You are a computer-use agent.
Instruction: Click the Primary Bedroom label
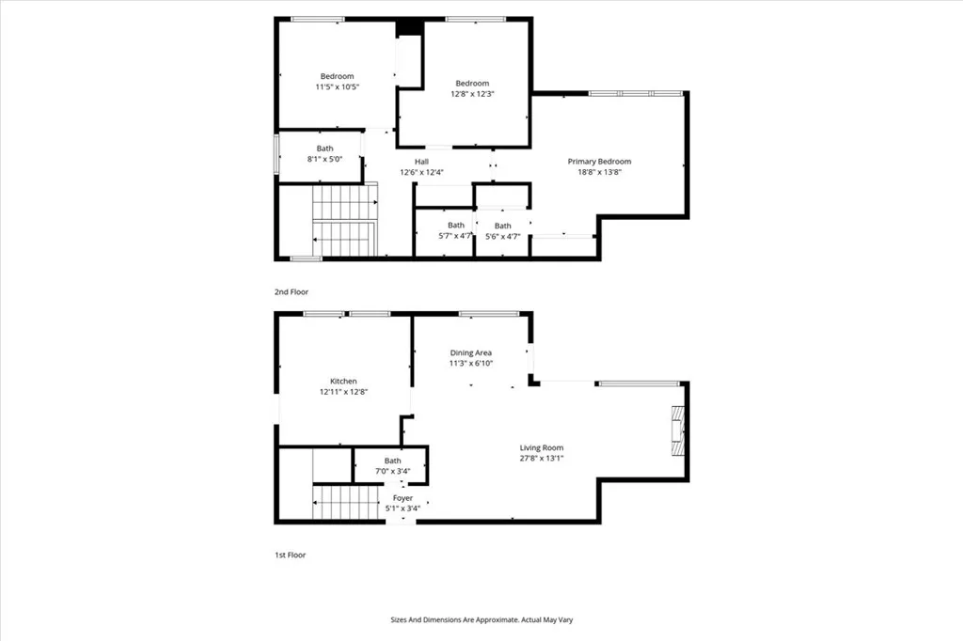pos(599,161)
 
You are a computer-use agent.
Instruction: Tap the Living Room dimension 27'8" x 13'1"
pos(542,459)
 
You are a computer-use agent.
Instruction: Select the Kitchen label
pos(342,381)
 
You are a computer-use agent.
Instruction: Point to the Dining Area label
pos(470,352)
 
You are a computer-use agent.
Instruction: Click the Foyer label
pos(403,498)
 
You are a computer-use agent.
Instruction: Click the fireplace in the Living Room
pos(677,430)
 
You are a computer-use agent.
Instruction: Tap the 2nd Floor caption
pos(292,292)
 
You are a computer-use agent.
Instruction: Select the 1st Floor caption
pos(291,555)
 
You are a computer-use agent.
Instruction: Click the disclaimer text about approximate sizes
pos(481,619)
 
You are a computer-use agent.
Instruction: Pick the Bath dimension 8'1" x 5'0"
pos(324,160)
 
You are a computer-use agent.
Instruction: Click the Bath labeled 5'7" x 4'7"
pos(456,236)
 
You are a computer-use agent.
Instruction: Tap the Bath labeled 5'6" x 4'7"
pos(503,237)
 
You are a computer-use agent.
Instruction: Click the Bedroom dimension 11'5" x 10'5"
pos(337,86)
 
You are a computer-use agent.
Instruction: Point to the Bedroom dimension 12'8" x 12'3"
pos(473,94)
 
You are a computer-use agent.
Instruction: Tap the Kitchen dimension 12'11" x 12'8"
pos(342,392)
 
